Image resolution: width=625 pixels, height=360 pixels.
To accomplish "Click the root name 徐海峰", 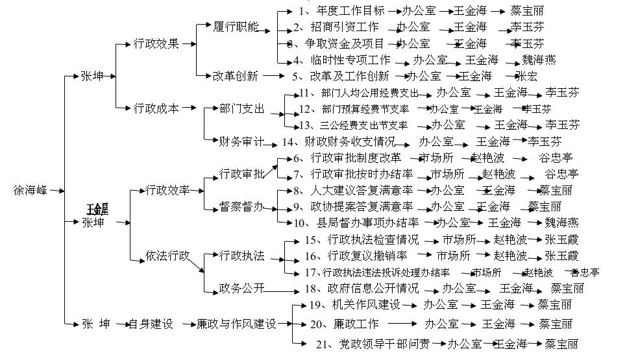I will coord(31,191).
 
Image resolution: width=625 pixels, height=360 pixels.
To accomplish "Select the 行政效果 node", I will coord(156,44).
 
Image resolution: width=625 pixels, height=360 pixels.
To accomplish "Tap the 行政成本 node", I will coord(156,108).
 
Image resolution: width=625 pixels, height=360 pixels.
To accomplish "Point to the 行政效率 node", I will coord(167,190).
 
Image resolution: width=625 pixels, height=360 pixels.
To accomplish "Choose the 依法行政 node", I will coord(167,256).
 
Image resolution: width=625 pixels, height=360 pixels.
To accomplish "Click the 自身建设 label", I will coord(151,323).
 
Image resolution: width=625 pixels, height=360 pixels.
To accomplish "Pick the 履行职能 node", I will coord(236,27).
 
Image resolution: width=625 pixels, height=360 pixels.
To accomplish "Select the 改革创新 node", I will coord(236,76).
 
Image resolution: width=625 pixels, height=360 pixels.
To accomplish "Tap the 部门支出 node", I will coord(241,108).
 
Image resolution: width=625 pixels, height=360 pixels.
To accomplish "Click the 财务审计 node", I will coord(241,141).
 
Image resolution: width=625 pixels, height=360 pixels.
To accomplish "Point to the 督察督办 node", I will coord(241,207).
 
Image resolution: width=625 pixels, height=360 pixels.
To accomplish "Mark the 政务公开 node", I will coord(241,289).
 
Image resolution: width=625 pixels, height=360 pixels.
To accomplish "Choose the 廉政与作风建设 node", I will coord(236,323).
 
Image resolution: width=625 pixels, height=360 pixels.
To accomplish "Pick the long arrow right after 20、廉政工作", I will coord(403,323).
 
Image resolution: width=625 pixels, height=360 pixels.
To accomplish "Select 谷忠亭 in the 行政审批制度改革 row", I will coord(556,158).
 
